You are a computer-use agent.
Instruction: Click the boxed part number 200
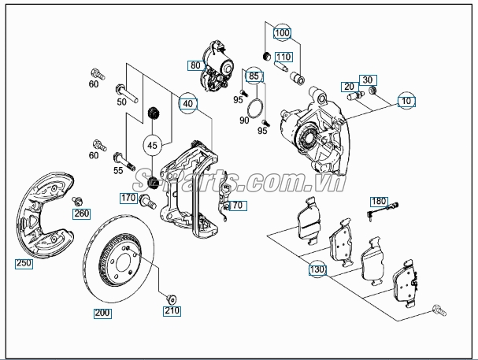pos(102,313)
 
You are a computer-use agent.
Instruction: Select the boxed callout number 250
pos(24,263)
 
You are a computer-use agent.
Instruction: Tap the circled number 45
pos(152,146)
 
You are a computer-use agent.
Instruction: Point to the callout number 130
pos(317,269)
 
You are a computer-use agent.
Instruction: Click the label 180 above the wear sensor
pos(379,202)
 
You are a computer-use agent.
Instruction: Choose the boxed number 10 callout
pos(406,101)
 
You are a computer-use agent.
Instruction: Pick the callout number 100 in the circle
pos(282,33)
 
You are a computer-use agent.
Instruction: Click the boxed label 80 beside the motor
pos(195,65)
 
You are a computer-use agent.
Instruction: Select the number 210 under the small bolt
pos(172,311)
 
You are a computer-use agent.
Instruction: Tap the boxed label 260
pos(81,213)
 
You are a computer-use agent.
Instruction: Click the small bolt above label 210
pos(172,299)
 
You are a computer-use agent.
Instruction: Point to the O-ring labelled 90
pos(254,108)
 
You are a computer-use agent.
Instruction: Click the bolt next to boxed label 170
pos(147,202)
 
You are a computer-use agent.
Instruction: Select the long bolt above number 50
pos(127,94)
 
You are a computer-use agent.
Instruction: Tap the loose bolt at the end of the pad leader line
pos(439,310)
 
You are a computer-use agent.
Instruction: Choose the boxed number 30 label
pos(368,80)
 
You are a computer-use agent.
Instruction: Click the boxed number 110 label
pos(283,57)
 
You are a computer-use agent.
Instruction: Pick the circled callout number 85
pos(254,76)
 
